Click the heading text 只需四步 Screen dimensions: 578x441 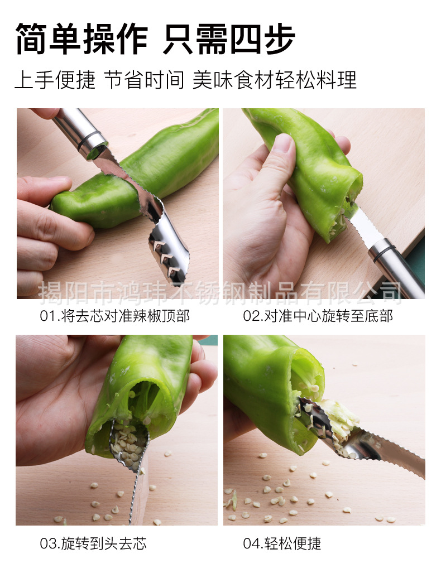(x=229, y=40)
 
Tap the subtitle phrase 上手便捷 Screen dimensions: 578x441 (x=55, y=81)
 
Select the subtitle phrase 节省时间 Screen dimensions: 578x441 (x=144, y=81)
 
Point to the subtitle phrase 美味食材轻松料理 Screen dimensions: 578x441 (x=274, y=81)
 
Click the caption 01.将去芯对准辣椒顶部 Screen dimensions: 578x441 (x=114, y=316)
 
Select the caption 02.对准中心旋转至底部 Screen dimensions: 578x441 (x=318, y=316)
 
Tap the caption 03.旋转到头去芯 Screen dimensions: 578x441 (x=93, y=543)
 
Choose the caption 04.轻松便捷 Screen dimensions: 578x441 (x=282, y=543)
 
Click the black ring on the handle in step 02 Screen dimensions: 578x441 (x=382, y=250)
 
